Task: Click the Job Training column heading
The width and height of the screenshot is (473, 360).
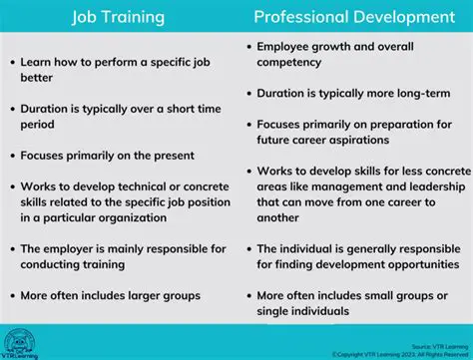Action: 119,17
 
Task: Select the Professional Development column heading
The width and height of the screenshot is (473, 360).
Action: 353,17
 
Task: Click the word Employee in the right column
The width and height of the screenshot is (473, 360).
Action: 285,47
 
